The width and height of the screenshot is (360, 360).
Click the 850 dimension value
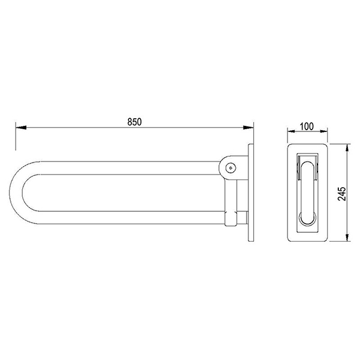click(134, 122)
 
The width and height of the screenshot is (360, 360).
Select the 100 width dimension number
click(307, 126)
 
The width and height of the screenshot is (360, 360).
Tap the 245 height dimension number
click(342, 194)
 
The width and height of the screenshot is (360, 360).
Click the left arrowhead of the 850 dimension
click(21, 127)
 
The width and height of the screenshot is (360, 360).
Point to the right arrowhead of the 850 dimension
click(248, 127)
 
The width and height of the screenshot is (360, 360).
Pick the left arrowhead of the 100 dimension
click(292, 131)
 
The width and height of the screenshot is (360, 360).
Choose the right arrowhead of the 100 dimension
click(324, 131)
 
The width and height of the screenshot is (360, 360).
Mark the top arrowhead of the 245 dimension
click(347, 149)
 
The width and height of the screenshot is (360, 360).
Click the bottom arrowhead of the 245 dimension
click(347, 236)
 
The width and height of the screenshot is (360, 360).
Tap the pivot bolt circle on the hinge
click(230, 168)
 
